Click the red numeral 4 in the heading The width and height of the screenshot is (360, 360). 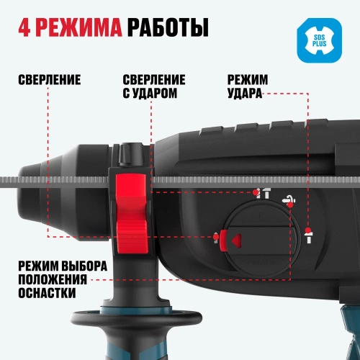24,27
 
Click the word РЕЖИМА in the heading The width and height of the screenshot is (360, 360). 80,27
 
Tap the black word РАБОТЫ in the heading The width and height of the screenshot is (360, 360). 168,27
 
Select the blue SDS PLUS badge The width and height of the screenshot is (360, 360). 320,40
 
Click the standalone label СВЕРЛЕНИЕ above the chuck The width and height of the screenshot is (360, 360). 50,80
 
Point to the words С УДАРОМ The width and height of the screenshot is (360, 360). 150,93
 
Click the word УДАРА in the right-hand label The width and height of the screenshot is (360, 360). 245,93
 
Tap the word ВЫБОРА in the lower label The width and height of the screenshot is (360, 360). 84,266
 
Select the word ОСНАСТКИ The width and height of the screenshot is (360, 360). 47,293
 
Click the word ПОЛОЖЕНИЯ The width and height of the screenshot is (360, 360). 53,279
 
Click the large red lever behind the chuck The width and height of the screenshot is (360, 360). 132,214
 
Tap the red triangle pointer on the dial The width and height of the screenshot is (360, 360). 236,240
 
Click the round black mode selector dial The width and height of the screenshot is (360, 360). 261,239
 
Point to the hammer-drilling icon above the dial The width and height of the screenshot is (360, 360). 264,193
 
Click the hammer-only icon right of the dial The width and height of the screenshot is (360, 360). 309,235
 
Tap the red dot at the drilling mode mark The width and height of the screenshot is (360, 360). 216,237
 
